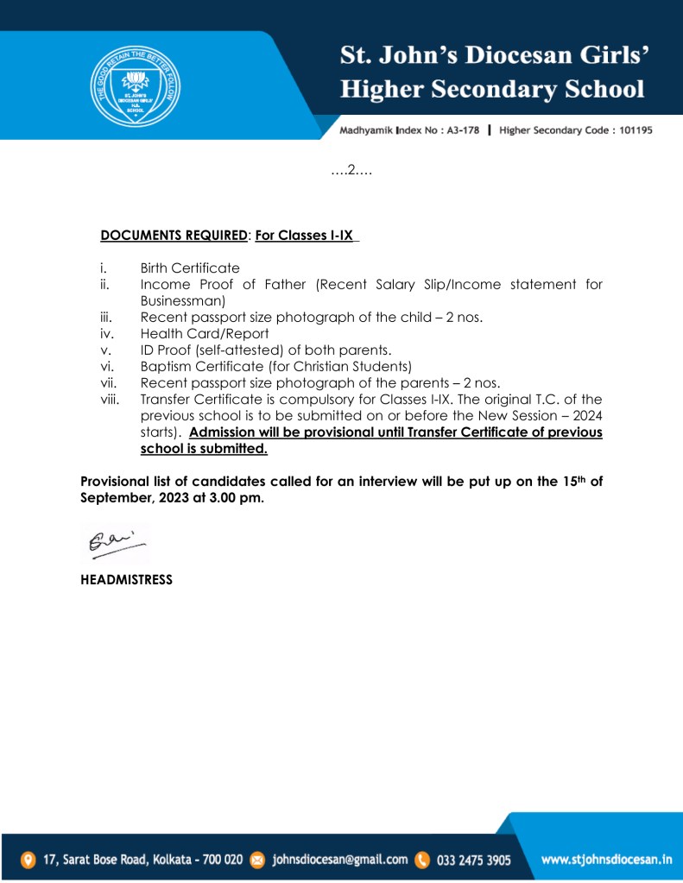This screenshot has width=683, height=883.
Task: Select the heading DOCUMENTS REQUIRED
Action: point(174,235)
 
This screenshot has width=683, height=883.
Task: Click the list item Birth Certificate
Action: point(190,268)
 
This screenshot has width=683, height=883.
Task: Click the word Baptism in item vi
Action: point(168,366)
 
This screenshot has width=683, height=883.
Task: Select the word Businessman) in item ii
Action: point(182,300)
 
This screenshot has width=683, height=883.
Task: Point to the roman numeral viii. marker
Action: point(111,399)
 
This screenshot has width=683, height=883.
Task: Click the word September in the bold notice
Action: point(113,498)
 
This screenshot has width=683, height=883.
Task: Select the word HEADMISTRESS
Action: point(126,580)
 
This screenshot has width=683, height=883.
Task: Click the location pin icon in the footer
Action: point(28,860)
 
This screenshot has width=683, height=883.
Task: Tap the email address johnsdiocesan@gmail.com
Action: point(340,860)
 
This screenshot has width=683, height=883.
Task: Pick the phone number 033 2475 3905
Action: point(474,860)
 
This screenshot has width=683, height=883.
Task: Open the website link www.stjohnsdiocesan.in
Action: point(607,860)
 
